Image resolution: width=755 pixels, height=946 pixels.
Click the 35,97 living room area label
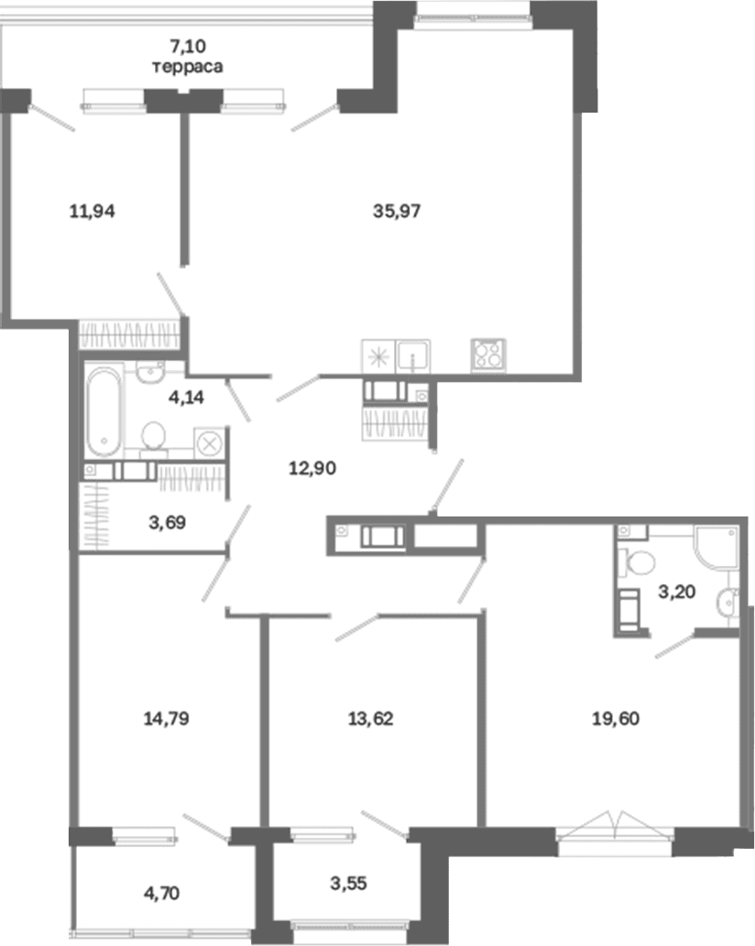(397, 212)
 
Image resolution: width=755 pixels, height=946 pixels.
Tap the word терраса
(187, 66)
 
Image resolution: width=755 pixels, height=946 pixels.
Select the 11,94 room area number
(92, 212)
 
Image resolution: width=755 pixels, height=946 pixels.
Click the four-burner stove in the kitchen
(488, 353)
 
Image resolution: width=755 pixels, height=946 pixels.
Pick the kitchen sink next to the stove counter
(412, 356)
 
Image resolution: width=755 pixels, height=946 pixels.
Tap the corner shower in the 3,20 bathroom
(717, 548)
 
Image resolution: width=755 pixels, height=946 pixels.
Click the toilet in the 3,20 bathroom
(637, 563)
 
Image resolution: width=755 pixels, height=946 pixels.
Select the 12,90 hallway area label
(312, 468)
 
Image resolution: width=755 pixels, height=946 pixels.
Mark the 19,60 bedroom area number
(616, 719)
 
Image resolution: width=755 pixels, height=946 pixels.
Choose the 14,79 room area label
(166, 719)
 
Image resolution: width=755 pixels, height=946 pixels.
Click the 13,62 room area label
(370, 719)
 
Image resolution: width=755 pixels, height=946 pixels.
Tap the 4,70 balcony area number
(161, 893)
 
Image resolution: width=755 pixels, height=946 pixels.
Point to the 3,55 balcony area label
(348, 883)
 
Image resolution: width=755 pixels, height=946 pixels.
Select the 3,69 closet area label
(167, 523)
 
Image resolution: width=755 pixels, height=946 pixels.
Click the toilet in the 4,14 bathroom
(153, 436)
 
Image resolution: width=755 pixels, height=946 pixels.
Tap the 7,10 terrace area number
(188, 46)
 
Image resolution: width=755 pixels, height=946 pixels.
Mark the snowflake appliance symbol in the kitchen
(378, 356)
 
